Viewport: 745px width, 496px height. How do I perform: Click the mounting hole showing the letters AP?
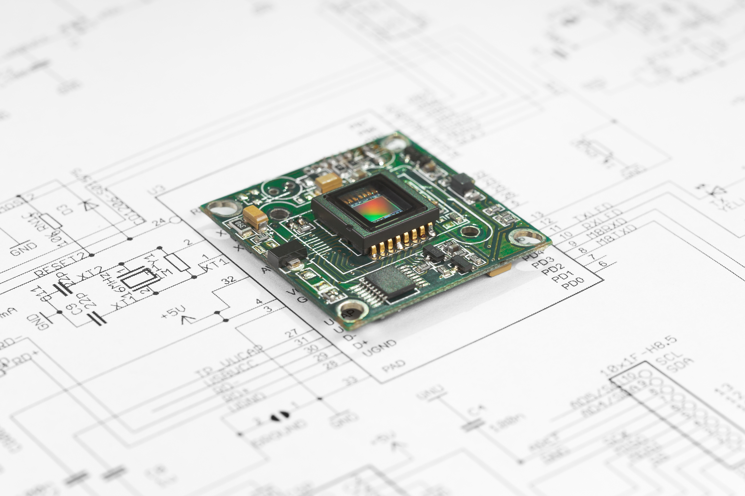(x=350, y=312)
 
